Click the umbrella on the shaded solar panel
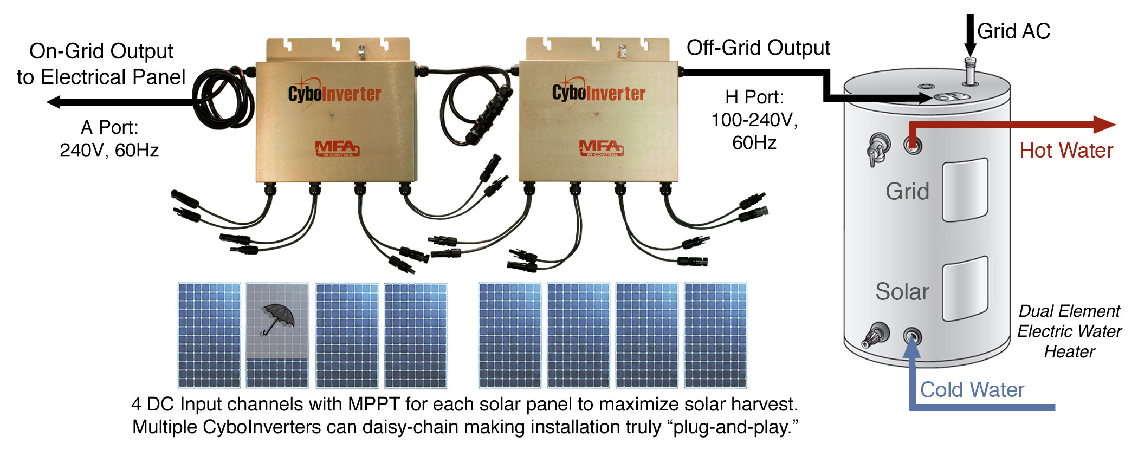click(278, 318)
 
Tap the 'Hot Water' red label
click(1066, 151)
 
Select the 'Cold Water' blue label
click(972, 390)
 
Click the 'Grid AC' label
click(1013, 31)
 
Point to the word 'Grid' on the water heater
click(907, 192)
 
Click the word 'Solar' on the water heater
click(902, 292)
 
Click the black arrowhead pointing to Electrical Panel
click(54, 101)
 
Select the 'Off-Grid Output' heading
click(758, 48)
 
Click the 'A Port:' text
click(109, 127)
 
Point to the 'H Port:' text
click(754, 97)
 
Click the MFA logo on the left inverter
click(337, 148)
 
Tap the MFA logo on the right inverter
click(601, 147)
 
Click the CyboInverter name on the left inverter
click(334, 94)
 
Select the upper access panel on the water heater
click(965, 190)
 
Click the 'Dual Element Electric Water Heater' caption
click(1069, 331)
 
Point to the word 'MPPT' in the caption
click(373, 405)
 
